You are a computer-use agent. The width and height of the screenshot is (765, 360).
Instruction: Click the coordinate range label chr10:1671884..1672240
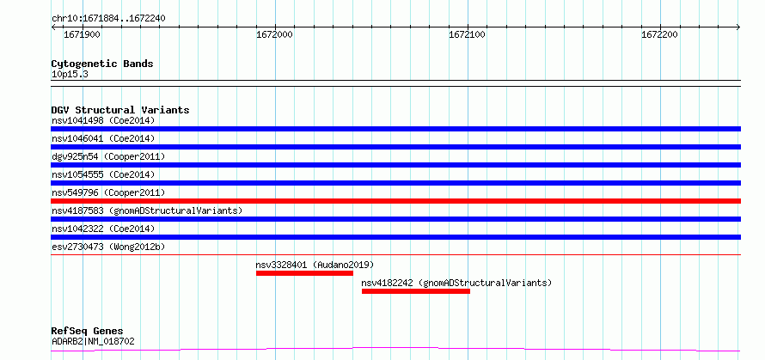click(x=108, y=19)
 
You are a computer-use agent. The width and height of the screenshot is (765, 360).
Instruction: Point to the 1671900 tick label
click(x=83, y=34)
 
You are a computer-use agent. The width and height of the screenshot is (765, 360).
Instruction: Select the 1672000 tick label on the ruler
click(x=276, y=34)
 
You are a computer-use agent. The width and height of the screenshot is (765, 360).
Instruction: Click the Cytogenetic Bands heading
click(x=102, y=64)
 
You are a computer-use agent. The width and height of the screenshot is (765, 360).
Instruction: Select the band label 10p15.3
click(x=70, y=75)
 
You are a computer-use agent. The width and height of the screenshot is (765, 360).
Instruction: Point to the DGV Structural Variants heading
click(x=120, y=110)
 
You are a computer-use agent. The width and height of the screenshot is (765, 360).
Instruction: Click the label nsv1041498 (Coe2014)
click(x=103, y=120)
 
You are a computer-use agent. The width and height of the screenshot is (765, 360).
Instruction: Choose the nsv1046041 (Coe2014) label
click(x=103, y=138)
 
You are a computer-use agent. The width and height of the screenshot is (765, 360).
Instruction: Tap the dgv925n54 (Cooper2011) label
click(x=108, y=156)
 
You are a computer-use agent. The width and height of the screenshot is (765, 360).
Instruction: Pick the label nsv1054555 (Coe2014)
click(x=103, y=174)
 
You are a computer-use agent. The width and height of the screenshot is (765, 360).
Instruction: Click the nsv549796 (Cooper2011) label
click(x=108, y=192)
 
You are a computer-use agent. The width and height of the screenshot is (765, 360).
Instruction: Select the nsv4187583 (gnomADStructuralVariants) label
click(x=147, y=211)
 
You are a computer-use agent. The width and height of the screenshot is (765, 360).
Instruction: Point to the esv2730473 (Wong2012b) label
click(x=108, y=247)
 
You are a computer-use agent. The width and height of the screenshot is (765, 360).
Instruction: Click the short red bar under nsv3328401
click(x=304, y=273)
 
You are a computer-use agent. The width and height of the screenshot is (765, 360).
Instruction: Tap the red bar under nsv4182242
click(x=416, y=291)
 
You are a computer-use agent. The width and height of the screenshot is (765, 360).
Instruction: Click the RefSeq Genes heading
click(x=88, y=332)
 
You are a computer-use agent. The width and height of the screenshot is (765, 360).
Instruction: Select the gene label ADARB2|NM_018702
click(x=93, y=341)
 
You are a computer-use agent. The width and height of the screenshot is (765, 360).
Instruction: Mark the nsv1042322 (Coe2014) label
click(x=103, y=229)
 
